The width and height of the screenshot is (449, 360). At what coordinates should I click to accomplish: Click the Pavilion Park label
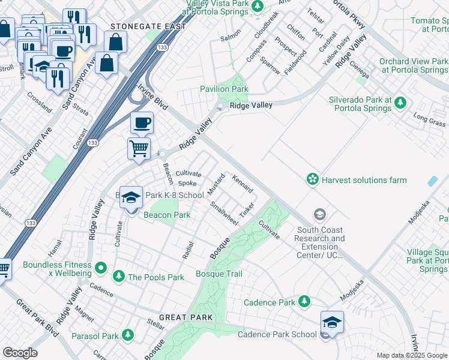click(x=224, y=89)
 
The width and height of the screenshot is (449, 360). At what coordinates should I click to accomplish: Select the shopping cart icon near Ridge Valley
click(x=139, y=148)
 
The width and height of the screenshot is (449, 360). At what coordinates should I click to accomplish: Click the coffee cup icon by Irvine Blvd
click(x=142, y=124)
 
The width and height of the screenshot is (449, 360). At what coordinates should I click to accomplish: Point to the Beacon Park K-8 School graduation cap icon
click(x=130, y=197)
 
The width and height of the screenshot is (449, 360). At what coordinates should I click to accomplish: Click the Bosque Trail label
click(x=219, y=274)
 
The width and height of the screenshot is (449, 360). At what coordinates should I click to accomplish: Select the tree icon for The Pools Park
click(x=119, y=276)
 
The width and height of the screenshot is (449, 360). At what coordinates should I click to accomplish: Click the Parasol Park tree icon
click(x=127, y=335)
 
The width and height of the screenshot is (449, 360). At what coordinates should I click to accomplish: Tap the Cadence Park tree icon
click(x=304, y=301)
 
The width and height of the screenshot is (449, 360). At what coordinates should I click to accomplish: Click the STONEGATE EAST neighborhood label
click(x=139, y=26)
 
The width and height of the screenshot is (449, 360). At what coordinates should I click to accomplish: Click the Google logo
click(x=20, y=353)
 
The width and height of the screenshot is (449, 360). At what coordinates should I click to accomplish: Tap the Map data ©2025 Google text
click(x=411, y=355)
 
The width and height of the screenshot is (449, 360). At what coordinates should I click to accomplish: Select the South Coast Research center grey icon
click(x=320, y=214)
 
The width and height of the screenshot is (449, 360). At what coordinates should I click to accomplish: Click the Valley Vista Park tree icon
click(x=257, y=6)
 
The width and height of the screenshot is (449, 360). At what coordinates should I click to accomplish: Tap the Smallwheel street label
click(x=224, y=213)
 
